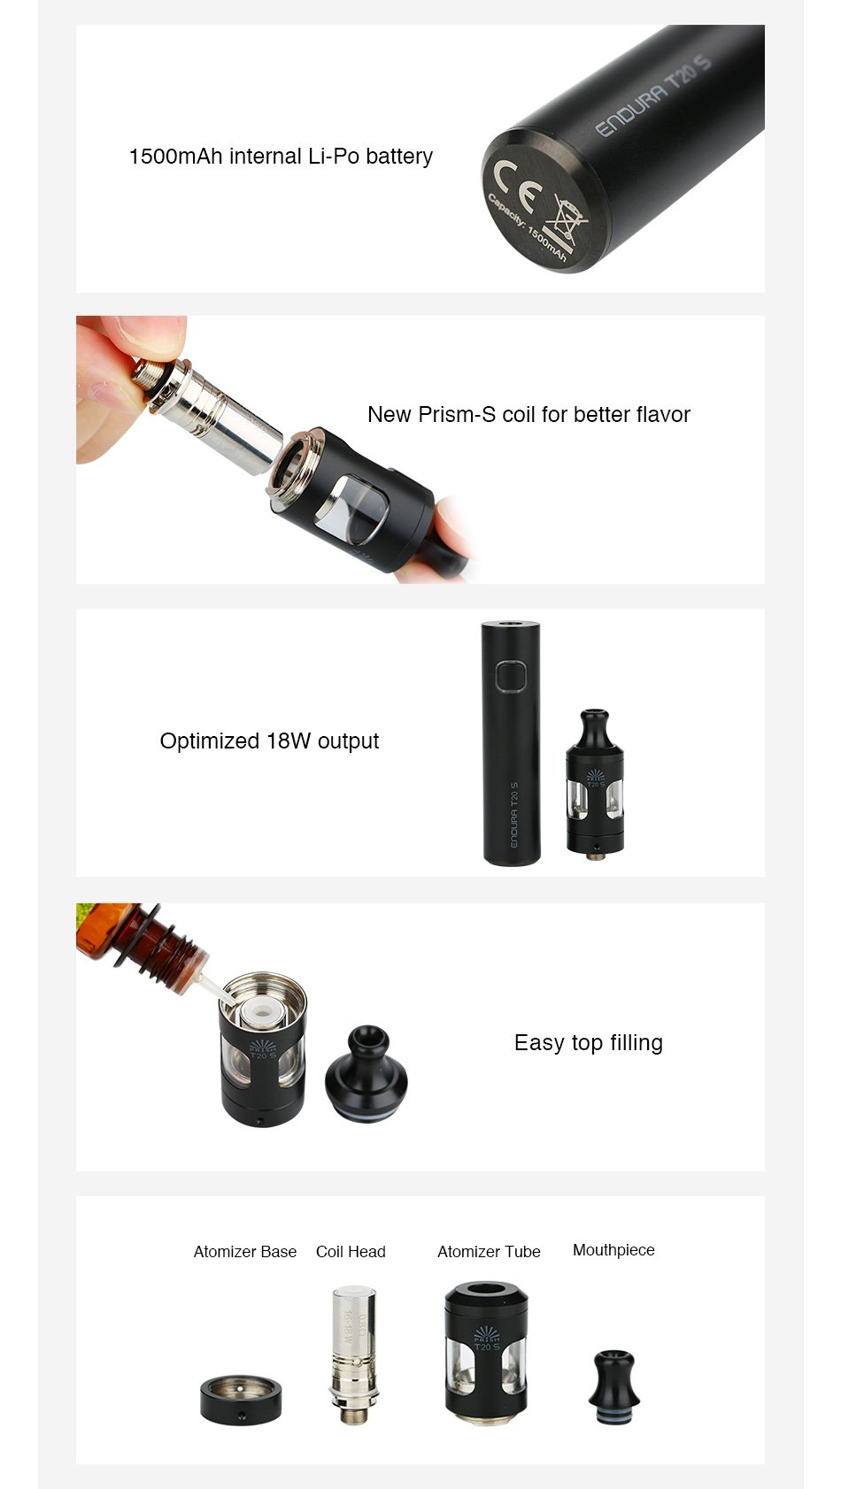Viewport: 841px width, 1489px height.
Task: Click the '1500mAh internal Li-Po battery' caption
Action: pyautogui.click(x=281, y=157)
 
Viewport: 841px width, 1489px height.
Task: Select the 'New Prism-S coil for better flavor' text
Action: pyautogui.click(x=529, y=414)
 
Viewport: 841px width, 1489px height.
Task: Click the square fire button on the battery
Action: pyautogui.click(x=511, y=676)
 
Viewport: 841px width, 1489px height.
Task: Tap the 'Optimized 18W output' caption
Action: pyautogui.click(x=269, y=741)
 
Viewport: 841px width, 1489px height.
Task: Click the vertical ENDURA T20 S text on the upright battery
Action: pyautogui.click(x=513, y=814)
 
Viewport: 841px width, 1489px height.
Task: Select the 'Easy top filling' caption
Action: pyautogui.click(x=588, y=1042)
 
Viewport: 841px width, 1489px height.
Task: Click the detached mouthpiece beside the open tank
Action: pyautogui.click(x=366, y=1074)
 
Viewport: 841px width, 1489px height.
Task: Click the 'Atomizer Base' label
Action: pyautogui.click(x=245, y=1251)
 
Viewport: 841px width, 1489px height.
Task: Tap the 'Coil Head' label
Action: pyautogui.click(x=351, y=1251)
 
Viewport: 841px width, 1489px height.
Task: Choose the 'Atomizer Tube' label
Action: pyautogui.click(x=489, y=1251)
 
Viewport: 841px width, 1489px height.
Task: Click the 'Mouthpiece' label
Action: pyautogui.click(x=613, y=1249)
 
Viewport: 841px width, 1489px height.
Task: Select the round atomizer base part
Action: pyautogui.click(x=241, y=1399)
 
